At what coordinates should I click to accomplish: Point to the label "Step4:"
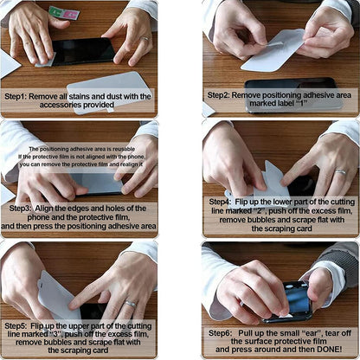[222, 201]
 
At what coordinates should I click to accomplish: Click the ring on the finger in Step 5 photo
[131, 303]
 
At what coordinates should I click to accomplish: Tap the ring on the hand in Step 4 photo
[341, 171]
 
